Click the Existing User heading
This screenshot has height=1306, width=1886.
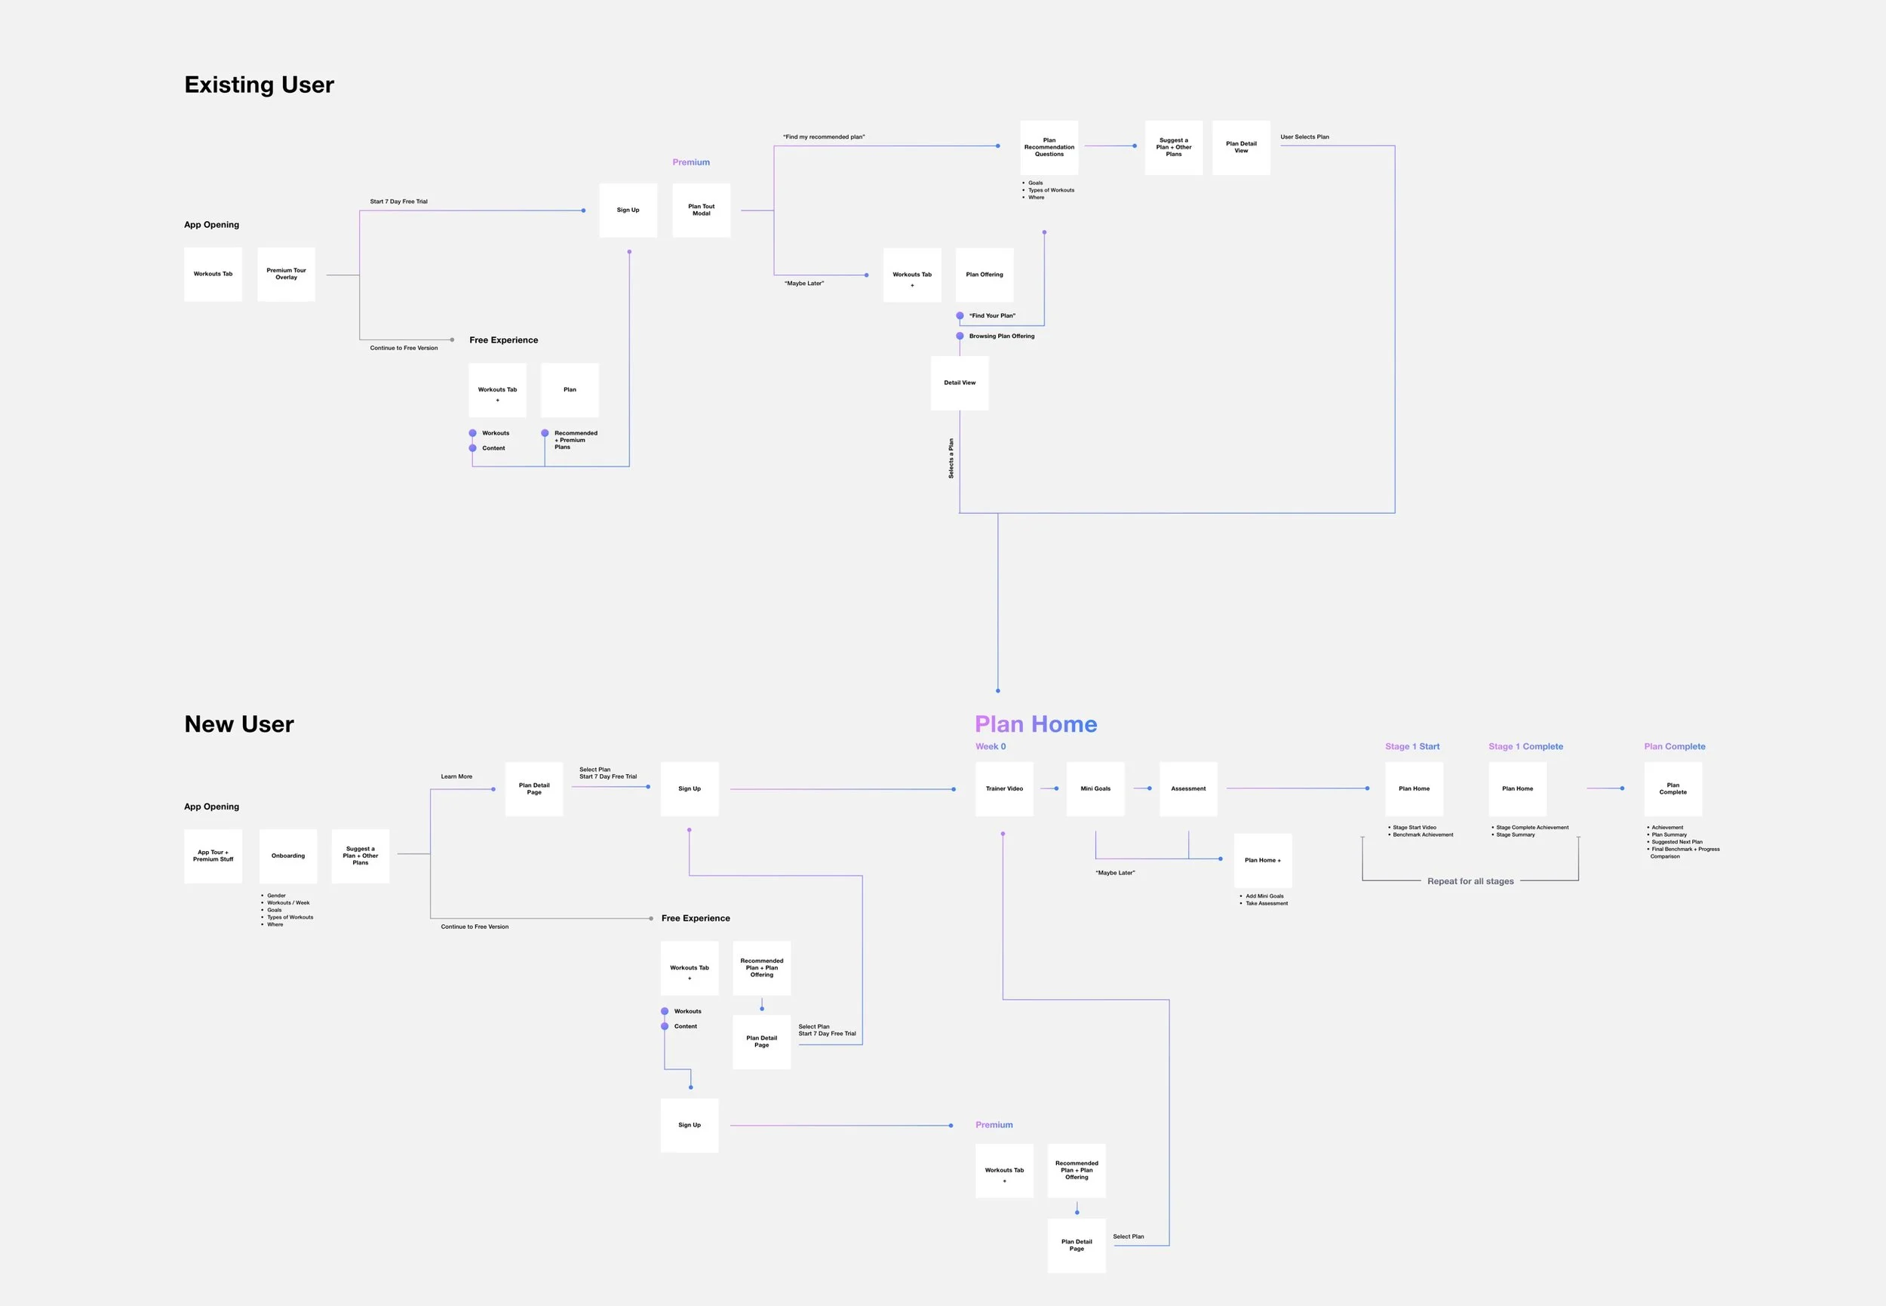[259, 85]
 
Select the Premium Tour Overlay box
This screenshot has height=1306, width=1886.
[287, 274]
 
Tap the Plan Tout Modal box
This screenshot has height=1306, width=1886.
[702, 210]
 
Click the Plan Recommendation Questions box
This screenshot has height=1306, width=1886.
[1049, 147]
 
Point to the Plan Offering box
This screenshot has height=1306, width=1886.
[984, 275]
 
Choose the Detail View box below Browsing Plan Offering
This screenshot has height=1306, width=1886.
[960, 383]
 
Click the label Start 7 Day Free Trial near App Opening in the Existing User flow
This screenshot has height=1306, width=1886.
[398, 201]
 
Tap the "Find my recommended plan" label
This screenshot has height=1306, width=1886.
[823, 137]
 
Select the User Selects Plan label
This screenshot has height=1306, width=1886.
[1304, 137]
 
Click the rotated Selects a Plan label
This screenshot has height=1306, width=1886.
[951, 458]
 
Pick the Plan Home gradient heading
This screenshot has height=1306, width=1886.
[1035, 724]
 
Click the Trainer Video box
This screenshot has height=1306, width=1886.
[1004, 789]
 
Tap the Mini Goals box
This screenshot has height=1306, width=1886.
[1095, 789]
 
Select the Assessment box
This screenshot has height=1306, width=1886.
[1188, 789]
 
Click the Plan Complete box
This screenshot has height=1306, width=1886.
[1673, 789]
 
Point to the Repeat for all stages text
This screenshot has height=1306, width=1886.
[1470, 881]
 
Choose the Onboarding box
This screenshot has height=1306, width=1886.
[288, 856]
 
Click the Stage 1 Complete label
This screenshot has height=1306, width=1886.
[1525, 746]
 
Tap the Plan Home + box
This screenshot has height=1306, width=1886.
[1263, 860]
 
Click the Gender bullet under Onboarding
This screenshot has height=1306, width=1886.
[277, 896]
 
